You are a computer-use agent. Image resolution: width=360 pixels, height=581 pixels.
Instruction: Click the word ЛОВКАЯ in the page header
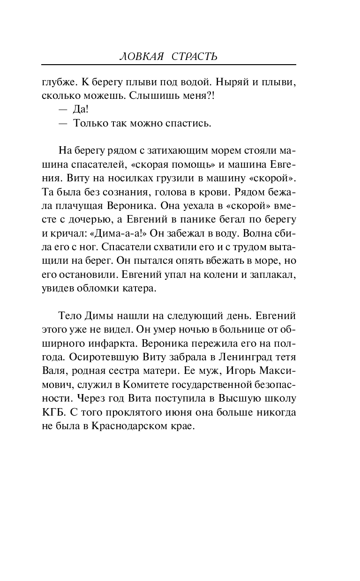click(142, 57)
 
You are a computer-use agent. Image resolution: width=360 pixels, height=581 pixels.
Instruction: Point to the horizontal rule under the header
click(169, 65)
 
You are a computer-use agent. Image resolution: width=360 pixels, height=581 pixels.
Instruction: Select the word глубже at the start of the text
click(58, 82)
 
